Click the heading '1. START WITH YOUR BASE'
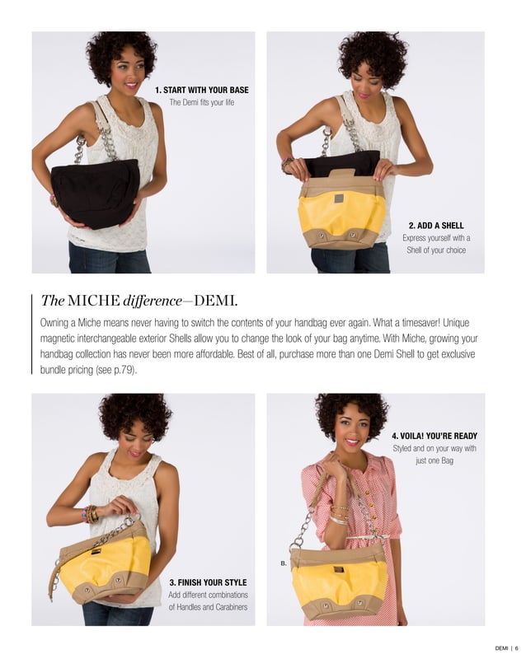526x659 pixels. (x=201, y=90)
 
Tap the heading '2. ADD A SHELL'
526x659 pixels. (x=436, y=224)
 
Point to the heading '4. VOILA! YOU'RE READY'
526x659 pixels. (x=434, y=436)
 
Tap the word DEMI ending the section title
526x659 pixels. (x=216, y=298)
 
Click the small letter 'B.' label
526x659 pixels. (x=284, y=563)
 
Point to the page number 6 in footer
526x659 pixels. (x=516, y=647)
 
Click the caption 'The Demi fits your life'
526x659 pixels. (x=201, y=103)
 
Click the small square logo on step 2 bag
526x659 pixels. (x=338, y=199)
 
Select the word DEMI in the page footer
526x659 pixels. (x=500, y=647)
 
